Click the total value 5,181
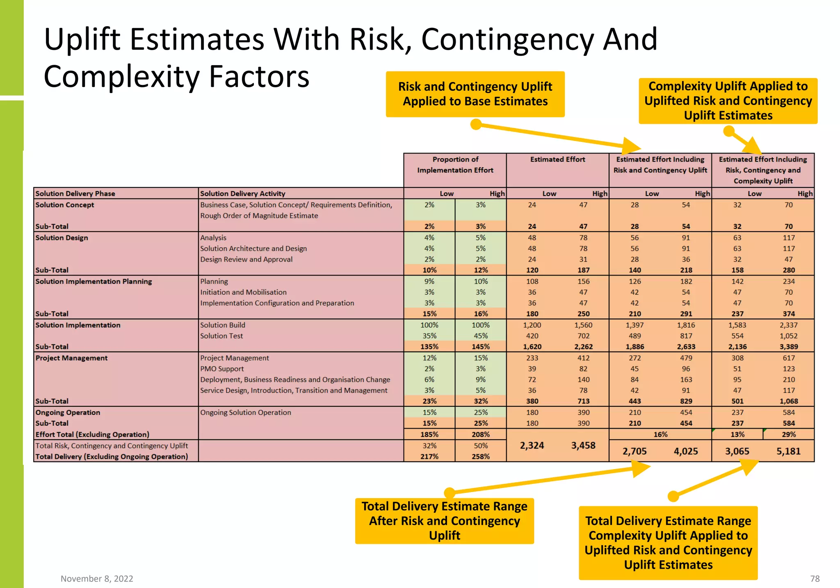click(788, 451)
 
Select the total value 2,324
click(532, 446)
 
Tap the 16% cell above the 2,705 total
click(660, 435)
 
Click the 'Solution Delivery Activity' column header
click(242, 194)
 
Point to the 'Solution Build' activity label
click(223, 325)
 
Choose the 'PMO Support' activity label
click(222, 369)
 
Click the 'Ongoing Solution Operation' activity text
click(246, 413)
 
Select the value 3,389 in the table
click(788, 347)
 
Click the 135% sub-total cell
click(429, 347)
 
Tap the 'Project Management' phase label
click(71, 358)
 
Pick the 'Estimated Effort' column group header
click(557, 160)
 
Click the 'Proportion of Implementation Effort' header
click(455, 165)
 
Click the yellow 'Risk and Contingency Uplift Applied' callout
click(475, 94)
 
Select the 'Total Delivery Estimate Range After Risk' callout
click(445, 521)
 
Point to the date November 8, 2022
click(97, 579)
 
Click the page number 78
click(815, 579)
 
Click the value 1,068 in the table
click(788, 401)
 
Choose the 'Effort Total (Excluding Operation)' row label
click(92, 435)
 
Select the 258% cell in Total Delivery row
click(481, 457)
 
